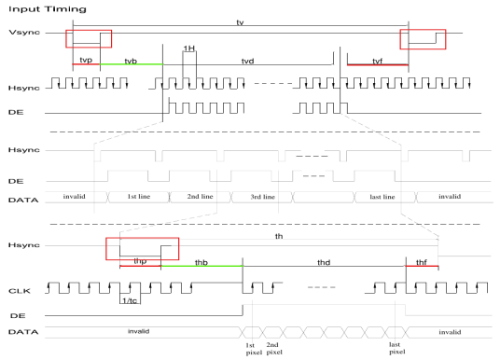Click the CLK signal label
pos(19,290)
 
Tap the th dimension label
pos(278,237)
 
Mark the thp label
pos(140,262)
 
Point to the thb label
pos(201,262)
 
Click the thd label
pos(324,262)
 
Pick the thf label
pos(422,262)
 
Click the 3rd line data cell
pos(262,198)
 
